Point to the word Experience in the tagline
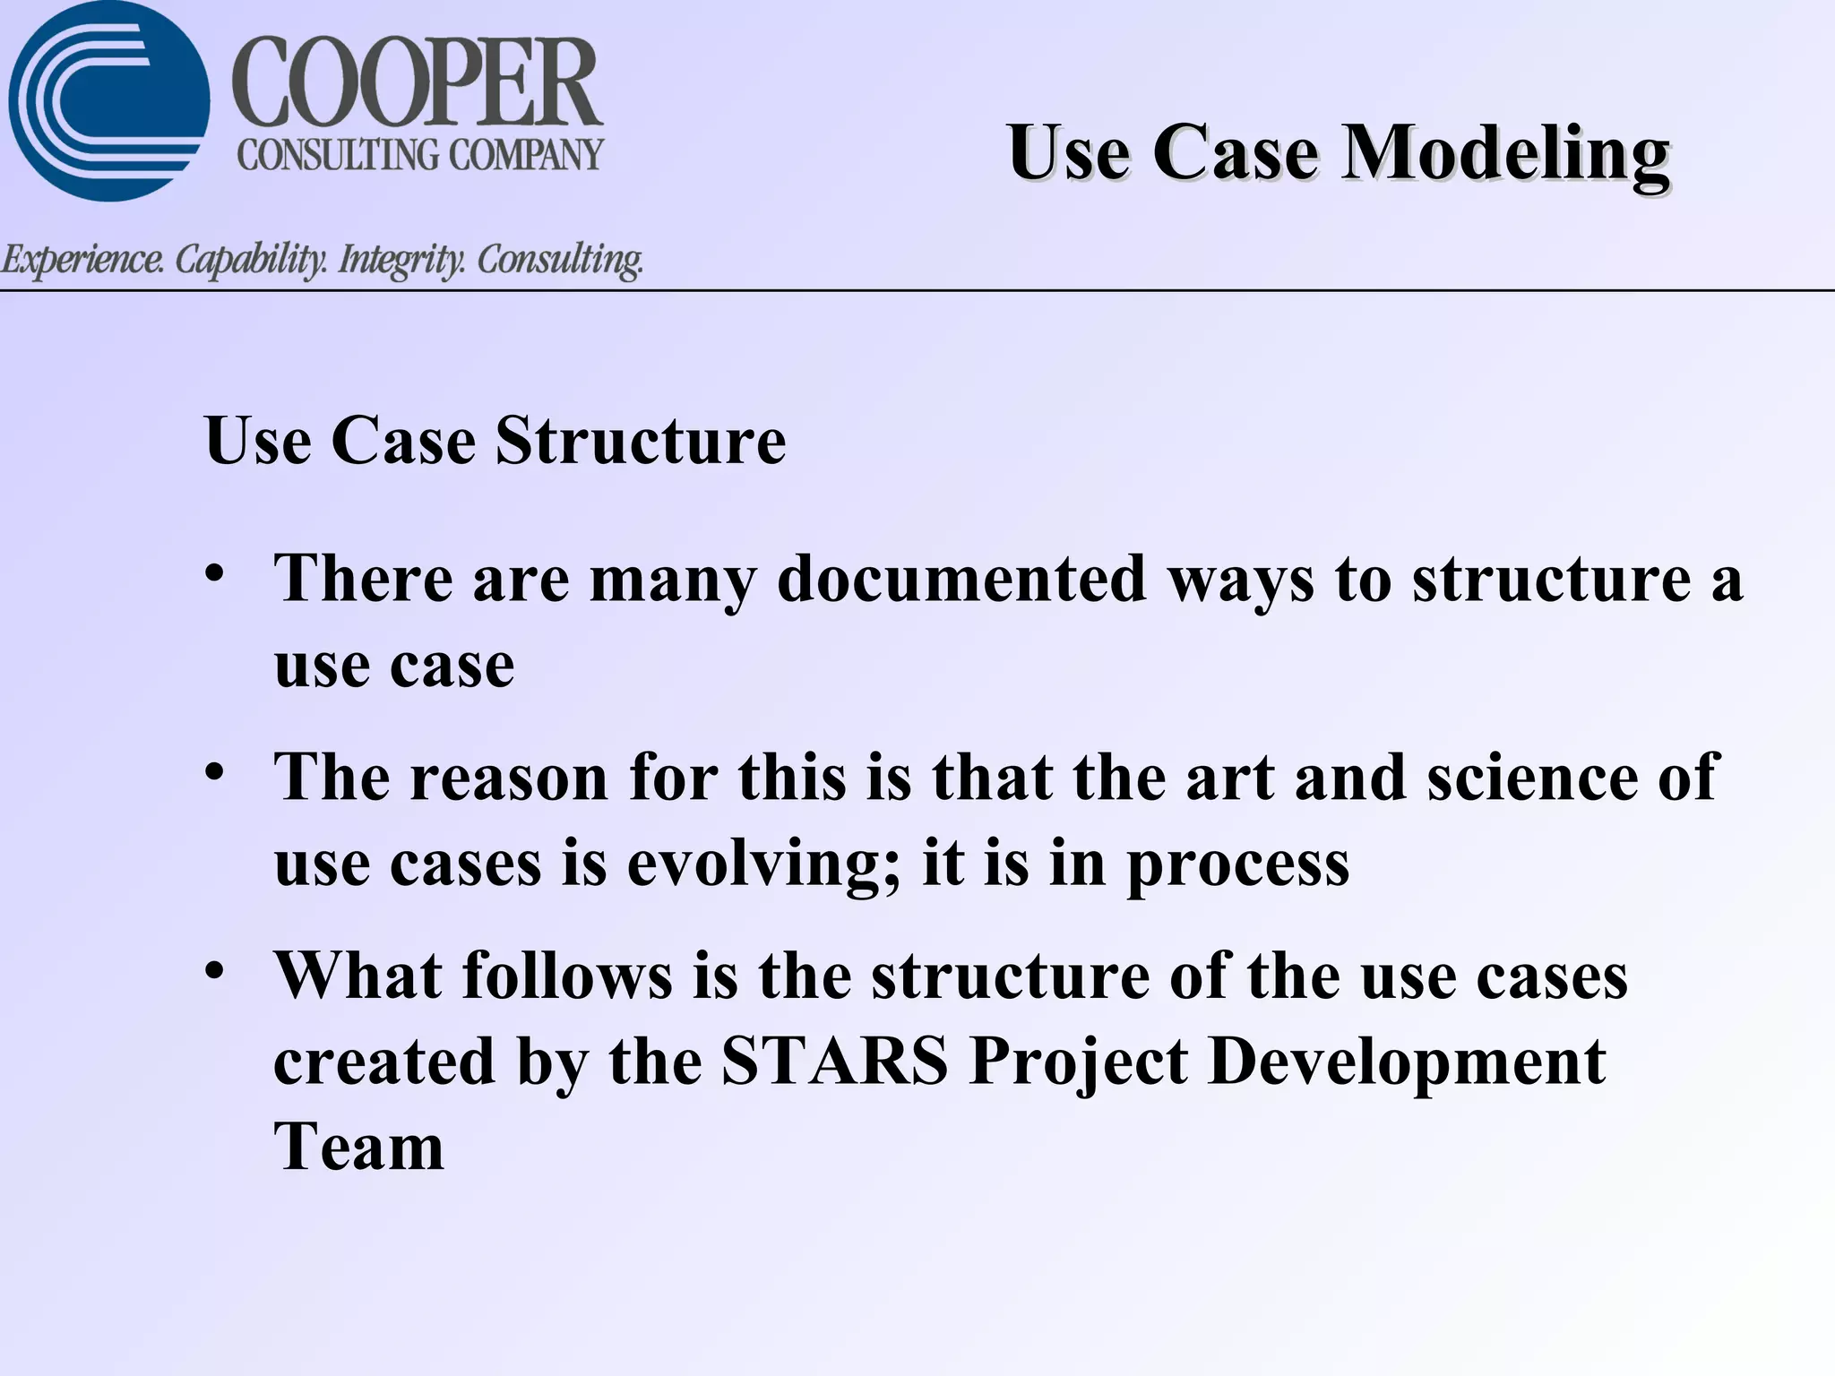click(x=82, y=261)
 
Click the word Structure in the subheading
click(x=641, y=441)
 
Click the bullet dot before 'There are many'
click(x=213, y=572)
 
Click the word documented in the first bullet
click(x=961, y=579)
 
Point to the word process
click(x=1237, y=865)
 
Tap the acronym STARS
click(x=834, y=1062)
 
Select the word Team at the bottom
click(x=359, y=1148)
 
